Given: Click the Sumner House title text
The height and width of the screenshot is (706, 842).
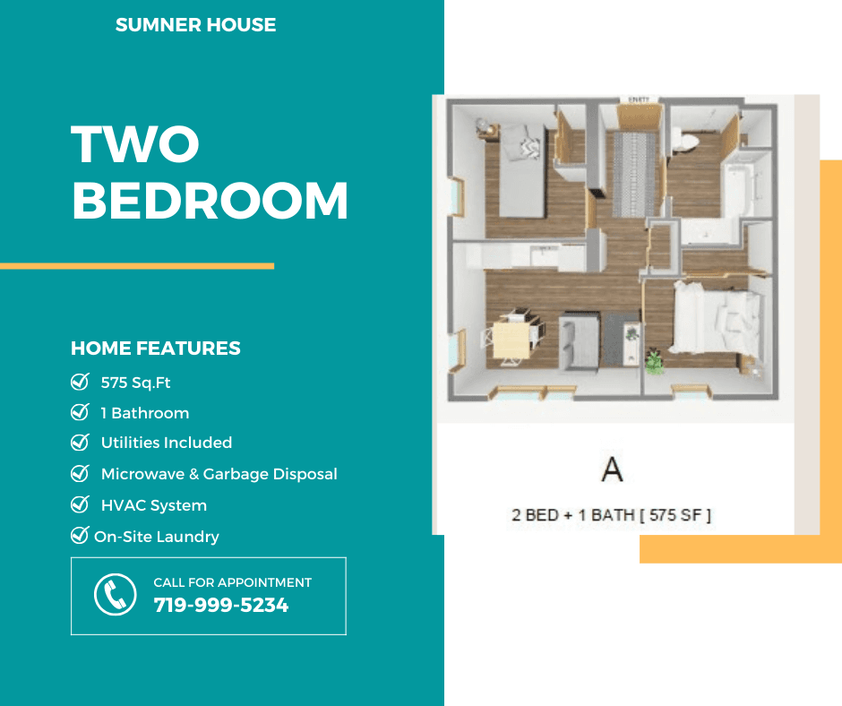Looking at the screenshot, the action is [x=195, y=25].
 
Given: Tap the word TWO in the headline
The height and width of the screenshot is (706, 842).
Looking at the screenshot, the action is [x=134, y=144].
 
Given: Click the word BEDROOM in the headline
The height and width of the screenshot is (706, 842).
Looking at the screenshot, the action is [x=210, y=201].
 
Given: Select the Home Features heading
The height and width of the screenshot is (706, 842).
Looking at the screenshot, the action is [x=156, y=349].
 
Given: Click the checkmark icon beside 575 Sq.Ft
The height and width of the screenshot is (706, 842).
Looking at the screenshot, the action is [x=80, y=382].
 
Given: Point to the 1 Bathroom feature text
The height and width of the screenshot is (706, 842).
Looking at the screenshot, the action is [x=145, y=413].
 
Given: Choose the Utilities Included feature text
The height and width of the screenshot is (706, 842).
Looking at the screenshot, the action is [x=167, y=443].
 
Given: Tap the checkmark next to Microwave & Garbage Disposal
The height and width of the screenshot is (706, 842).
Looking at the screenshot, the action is [x=80, y=473].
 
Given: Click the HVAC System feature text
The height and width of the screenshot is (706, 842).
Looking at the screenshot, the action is [x=153, y=505].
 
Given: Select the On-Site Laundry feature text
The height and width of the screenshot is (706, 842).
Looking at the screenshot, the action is [x=156, y=537].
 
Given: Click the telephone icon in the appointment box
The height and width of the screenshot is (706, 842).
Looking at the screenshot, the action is [x=115, y=595].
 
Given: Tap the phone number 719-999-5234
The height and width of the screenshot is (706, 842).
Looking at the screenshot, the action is [x=221, y=606].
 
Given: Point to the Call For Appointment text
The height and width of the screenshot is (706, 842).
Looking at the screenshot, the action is [x=233, y=582].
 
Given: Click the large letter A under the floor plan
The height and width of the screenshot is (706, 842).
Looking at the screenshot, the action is [x=612, y=469].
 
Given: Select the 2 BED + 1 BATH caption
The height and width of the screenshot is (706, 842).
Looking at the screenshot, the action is [x=611, y=515].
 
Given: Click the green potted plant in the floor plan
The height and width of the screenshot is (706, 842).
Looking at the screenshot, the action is [x=654, y=361].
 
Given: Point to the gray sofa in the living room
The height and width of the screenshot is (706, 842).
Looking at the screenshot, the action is [x=579, y=341].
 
